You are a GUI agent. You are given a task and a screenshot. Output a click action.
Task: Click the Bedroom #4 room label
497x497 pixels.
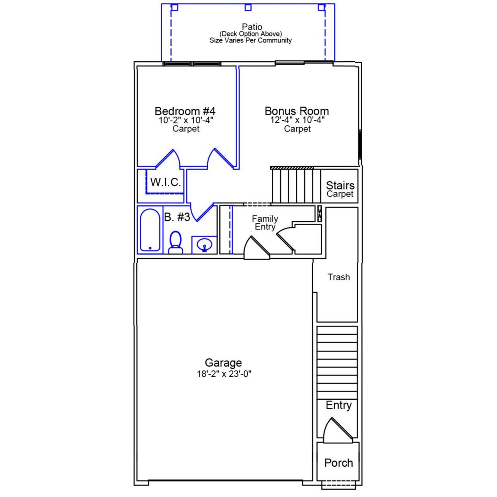[185, 111]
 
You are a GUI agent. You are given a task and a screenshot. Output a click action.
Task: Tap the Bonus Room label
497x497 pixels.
[297, 111]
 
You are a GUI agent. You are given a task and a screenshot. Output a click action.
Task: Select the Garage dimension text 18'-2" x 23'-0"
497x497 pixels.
[224, 374]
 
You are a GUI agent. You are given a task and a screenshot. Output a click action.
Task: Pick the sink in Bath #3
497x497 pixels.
[204, 245]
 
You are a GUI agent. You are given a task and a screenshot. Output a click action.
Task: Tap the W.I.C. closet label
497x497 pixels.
[166, 182]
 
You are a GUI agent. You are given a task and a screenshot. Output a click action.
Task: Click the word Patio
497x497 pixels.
[252, 27]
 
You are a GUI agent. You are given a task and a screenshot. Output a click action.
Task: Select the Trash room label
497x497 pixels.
[338, 277]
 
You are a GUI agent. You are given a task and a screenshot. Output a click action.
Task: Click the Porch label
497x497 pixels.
[338, 463]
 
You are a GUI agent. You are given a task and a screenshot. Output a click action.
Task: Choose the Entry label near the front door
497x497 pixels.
[338, 405]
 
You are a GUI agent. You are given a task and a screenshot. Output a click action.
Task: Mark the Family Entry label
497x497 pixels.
[265, 223]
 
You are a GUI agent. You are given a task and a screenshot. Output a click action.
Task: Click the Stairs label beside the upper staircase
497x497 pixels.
[340, 185]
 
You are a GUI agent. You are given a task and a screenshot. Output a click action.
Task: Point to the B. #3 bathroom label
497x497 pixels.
[177, 217]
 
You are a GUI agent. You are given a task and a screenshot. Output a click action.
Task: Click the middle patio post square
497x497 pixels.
[248, 7]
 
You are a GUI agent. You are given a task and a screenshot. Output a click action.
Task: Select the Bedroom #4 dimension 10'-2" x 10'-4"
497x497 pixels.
[186, 120]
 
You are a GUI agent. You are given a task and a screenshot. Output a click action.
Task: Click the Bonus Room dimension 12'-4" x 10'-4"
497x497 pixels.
[297, 120]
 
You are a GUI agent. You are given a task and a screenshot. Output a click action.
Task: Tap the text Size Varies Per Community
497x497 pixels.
[250, 40]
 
